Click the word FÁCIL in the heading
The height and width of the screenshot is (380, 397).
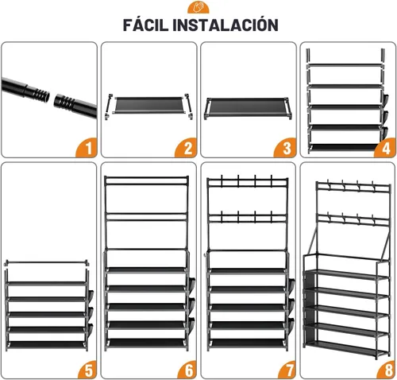[x=145, y=25]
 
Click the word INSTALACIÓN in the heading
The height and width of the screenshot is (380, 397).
[x=225, y=25]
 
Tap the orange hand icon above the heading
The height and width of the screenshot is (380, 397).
[x=198, y=7]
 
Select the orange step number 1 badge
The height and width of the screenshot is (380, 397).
[x=87, y=148]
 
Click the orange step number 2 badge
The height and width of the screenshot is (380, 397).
[x=186, y=148]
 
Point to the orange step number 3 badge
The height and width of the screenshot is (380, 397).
[x=285, y=148]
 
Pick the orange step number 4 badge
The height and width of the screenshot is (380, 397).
[x=385, y=148]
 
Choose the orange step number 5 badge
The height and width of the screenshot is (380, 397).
[x=87, y=369]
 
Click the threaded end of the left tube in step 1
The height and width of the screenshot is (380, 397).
[x=40, y=93]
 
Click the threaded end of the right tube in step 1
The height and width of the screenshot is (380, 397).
[x=62, y=101]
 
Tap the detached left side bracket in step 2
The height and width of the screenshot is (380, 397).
[x=109, y=106]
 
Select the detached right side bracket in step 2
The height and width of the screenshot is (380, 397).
[x=188, y=107]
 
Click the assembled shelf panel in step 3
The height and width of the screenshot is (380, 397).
[x=248, y=107]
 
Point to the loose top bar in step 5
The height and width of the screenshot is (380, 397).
[x=47, y=263]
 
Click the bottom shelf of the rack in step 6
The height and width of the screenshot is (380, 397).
[x=146, y=343]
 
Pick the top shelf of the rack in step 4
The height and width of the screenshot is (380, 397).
[x=345, y=65]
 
